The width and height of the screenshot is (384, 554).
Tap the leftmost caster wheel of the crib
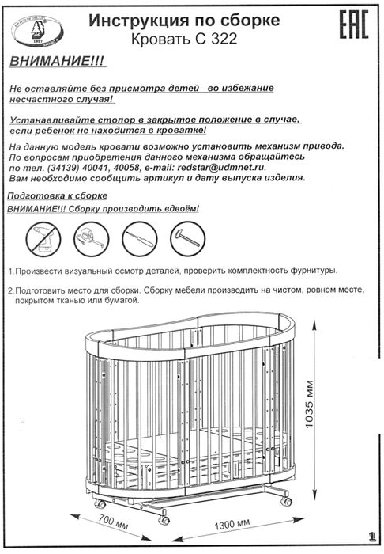(x=100, y=503)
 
